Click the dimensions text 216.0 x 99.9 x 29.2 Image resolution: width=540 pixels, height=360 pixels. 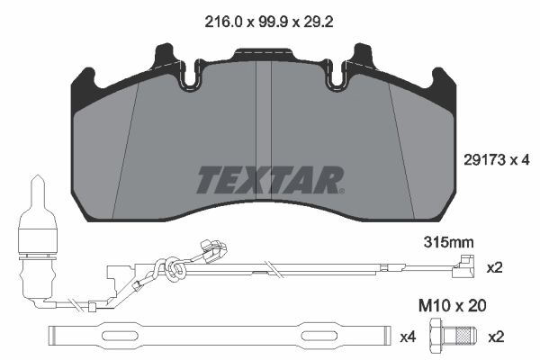pyautogui.click(x=268, y=22)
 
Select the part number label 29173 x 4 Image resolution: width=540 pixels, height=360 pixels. pyautogui.click(x=496, y=160)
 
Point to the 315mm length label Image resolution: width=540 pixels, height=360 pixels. pyautogui.click(x=448, y=242)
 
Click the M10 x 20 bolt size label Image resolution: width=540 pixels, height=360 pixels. pyautogui.click(x=452, y=306)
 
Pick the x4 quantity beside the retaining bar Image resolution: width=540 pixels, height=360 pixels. pyautogui.click(x=408, y=337)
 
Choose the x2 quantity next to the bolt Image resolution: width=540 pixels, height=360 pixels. pyautogui.click(x=496, y=337)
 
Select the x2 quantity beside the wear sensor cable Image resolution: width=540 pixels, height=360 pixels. pyautogui.click(x=494, y=267)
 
